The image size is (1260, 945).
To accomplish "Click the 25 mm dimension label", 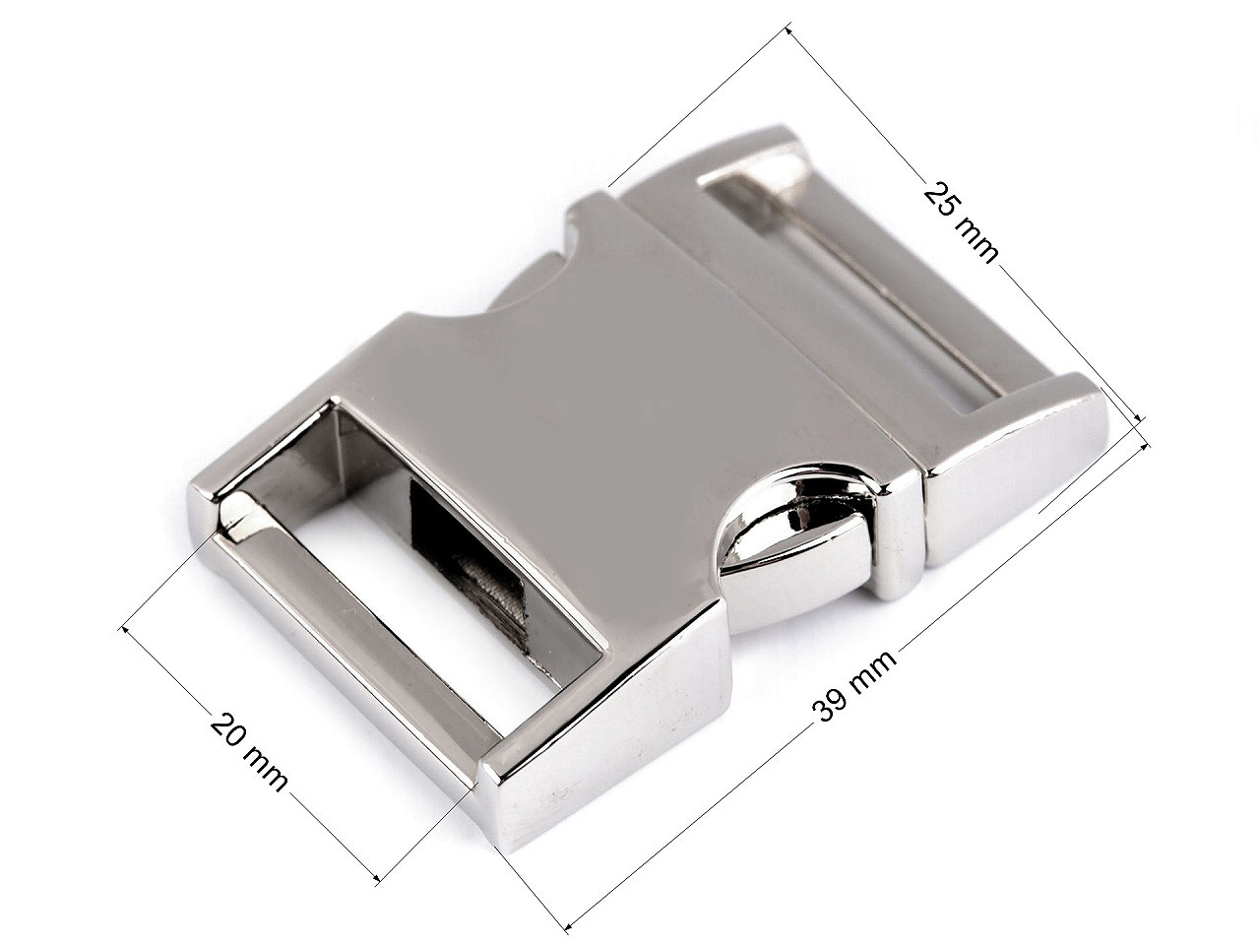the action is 961,221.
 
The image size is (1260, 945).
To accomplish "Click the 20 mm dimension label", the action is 248,752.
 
